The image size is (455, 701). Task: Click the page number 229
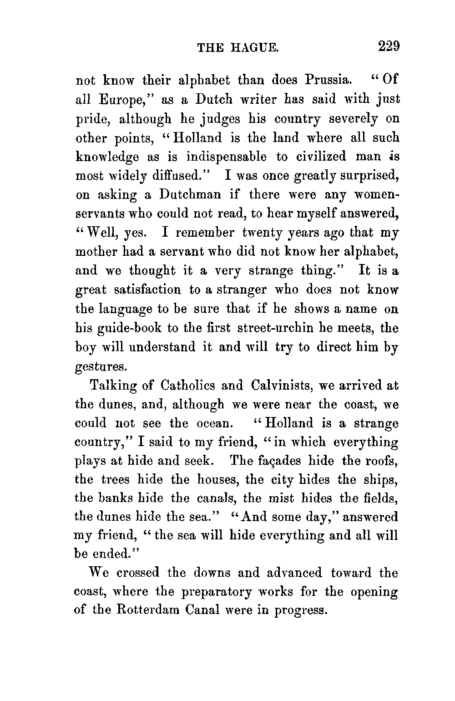pos(388,47)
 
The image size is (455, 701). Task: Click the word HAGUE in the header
pos(254,48)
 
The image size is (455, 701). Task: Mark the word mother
pos(94,252)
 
